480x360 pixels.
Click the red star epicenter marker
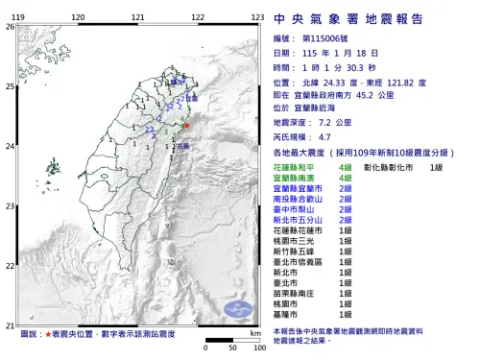187,125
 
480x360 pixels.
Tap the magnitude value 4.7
324,138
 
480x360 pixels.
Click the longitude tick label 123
257,18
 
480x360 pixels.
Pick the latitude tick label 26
9,27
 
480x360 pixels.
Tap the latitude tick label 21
9,325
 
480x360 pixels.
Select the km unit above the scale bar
254,331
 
